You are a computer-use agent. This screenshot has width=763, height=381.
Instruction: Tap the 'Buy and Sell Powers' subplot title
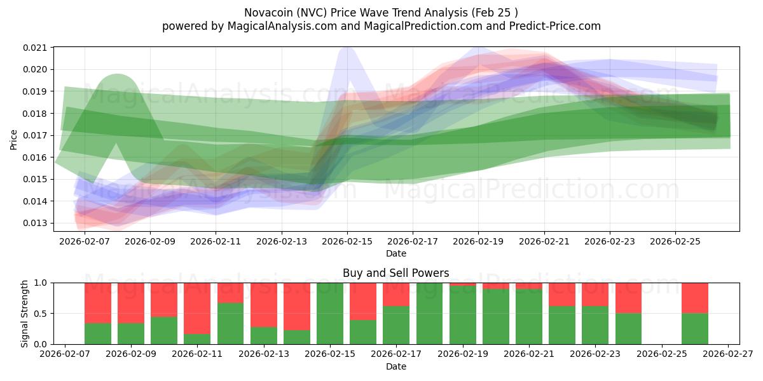(x=395, y=273)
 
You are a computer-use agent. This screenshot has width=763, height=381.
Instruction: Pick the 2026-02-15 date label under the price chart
(x=347, y=241)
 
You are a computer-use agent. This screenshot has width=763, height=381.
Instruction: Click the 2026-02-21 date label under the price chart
(x=544, y=241)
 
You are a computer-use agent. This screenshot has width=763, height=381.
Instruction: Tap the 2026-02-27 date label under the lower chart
(x=729, y=354)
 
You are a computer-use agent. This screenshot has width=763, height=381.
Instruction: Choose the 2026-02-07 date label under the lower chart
(x=65, y=354)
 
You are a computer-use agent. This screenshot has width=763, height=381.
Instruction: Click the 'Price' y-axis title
(x=14, y=139)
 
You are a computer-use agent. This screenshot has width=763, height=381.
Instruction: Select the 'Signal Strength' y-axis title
(x=24, y=313)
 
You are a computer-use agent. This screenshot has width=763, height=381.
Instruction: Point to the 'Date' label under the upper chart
(x=395, y=253)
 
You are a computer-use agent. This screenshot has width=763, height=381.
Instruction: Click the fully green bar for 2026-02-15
(x=330, y=313)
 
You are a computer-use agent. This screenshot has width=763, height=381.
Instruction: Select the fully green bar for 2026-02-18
(x=429, y=313)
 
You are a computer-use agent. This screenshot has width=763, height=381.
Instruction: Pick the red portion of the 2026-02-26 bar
(x=695, y=298)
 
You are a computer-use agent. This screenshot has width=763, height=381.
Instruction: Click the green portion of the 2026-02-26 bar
(x=695, y=328)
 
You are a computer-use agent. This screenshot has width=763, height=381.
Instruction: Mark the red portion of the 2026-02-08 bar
(x=98, y=303)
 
